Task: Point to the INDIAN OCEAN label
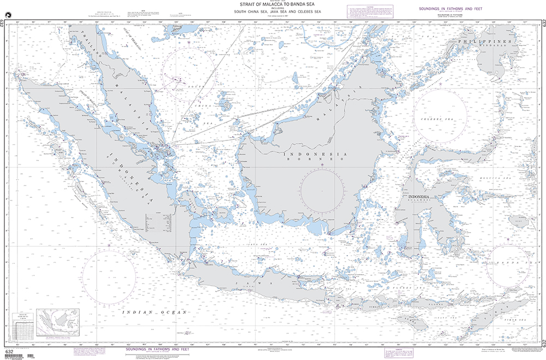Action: (155, 311)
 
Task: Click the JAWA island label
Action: (244, 283)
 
